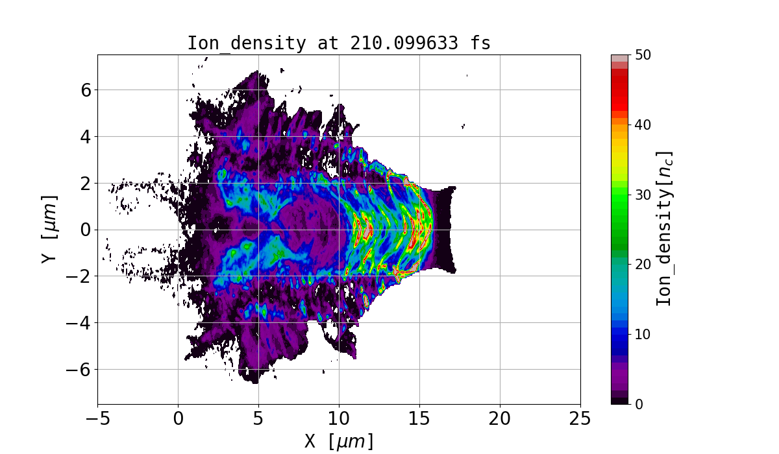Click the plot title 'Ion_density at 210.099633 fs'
coord(339,43)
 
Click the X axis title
coord(339,441)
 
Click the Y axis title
coord(48,229)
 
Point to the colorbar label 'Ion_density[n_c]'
coord(663,229)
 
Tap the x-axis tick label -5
coord(97,418)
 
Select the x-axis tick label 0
coord(178,418)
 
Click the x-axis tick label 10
coord(339,418)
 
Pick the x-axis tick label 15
coord(419,418)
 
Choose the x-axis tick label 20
coord(500,418)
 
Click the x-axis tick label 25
coord(580,418)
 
